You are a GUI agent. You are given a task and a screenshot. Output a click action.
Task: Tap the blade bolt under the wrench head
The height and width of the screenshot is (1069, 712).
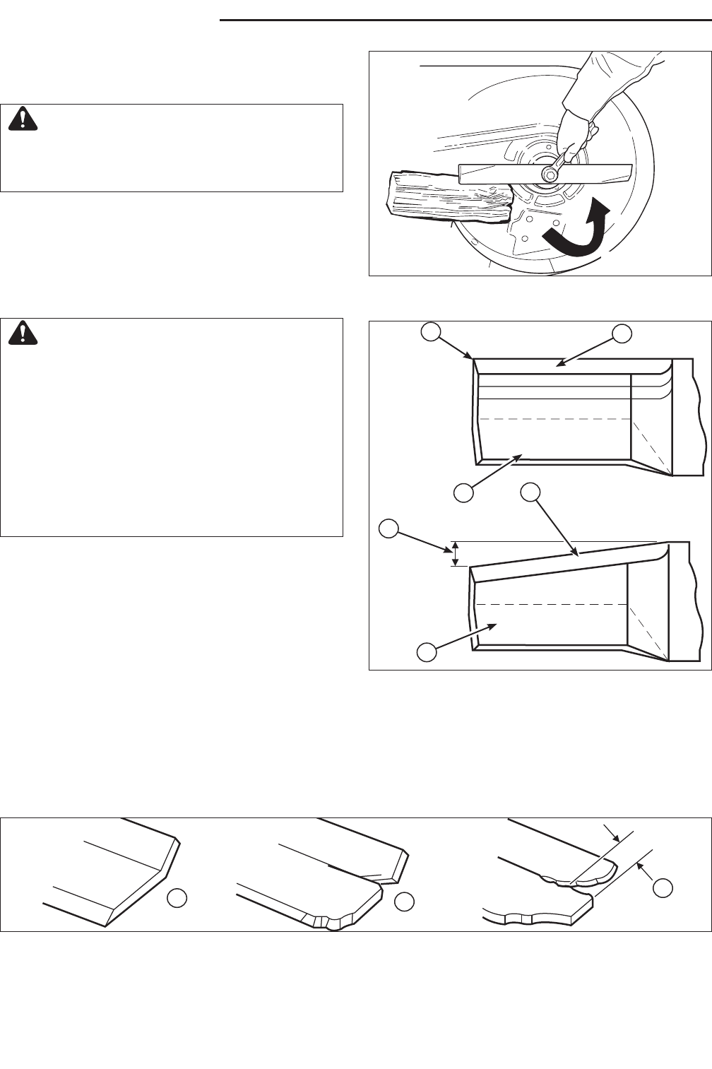(x=549, y=173)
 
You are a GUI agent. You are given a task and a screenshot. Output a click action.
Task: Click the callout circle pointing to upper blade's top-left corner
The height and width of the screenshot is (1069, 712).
(x=431, y=331)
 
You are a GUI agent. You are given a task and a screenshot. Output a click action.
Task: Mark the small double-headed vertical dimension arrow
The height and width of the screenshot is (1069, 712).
(x=456, y=553)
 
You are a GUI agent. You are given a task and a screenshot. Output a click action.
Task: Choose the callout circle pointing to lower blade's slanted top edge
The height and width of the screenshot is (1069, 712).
(x=530, y=492)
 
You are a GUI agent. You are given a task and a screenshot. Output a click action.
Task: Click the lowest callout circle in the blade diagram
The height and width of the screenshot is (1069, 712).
(x=426, y=652)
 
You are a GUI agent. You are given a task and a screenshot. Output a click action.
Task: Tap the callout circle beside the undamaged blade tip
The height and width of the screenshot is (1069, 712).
(x=177, y=898)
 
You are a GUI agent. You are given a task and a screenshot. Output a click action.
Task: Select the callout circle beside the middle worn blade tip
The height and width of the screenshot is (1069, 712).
(x=404, y=901)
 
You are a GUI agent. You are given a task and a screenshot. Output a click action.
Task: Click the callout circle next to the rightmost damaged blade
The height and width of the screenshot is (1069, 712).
(x=662, y=887)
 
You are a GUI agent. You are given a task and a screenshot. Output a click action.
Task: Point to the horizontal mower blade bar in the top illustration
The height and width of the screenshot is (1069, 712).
(x=544, y=173)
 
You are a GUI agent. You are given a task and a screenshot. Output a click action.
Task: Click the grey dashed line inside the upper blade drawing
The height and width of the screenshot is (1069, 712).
(x=554, y=419)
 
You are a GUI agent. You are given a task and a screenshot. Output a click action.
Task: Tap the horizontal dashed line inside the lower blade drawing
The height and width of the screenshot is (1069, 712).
(x=551, y=605)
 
